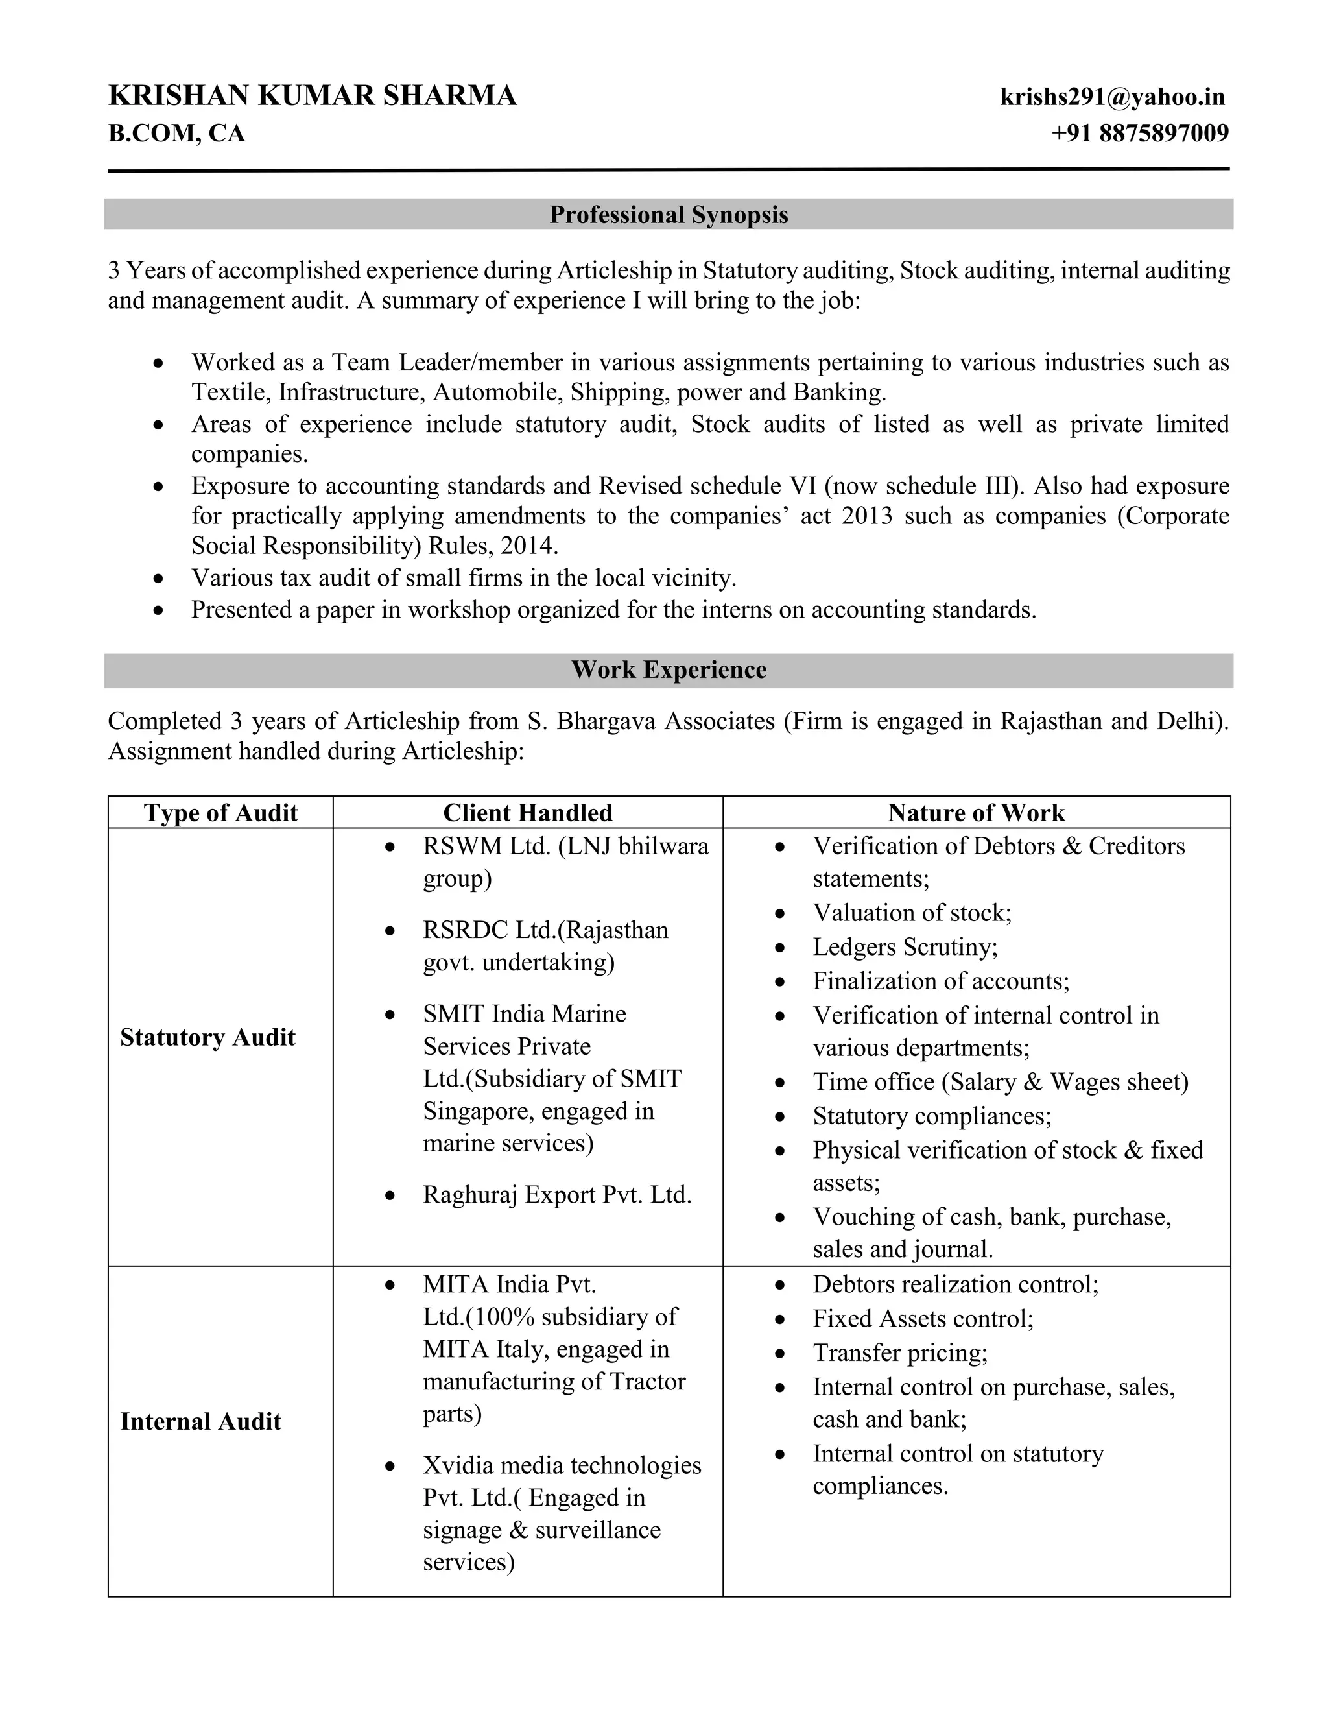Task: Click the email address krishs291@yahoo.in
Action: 1111,97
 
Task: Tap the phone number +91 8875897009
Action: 1139,133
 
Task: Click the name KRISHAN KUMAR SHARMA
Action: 313,95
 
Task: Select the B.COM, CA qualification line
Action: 176,133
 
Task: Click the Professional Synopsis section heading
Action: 668,214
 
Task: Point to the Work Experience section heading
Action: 668,670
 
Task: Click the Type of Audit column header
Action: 220,812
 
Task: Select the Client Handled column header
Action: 527,812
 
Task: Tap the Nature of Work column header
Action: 975,812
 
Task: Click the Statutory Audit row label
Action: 207,1037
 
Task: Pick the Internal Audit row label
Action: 200,1421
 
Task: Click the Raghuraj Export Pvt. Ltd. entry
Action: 557,1195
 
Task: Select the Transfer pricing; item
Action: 900,1352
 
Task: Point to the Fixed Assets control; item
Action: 923,1318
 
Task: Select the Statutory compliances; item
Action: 932,1116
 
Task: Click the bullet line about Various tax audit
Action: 464,579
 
